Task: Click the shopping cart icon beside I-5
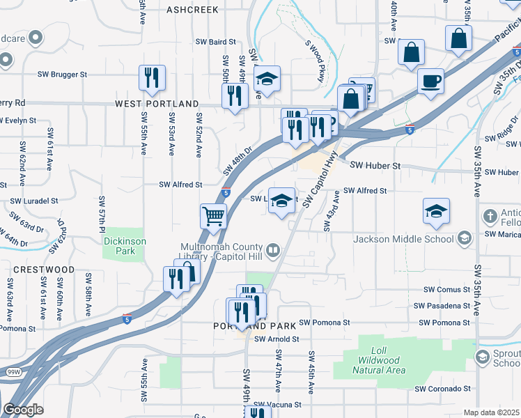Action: pyautogui.click(x=213, y=215)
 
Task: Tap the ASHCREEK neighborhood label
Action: pyautogui.click(x=192, y=10)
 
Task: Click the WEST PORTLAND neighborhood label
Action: pyautogui.click(x=157, y=104)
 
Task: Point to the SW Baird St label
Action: pyautogui.click(x=216, y=42)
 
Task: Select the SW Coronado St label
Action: pyautogui.click(x=444, y=389)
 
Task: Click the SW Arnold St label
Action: pyautogui.click(x=277, y=339)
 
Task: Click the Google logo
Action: pyautogui.click(x=23, y=410)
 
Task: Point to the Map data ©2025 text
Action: pyautogui.click(x=491, y=412)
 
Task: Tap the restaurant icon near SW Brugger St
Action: pyautogui.click(x=152, y=77)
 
